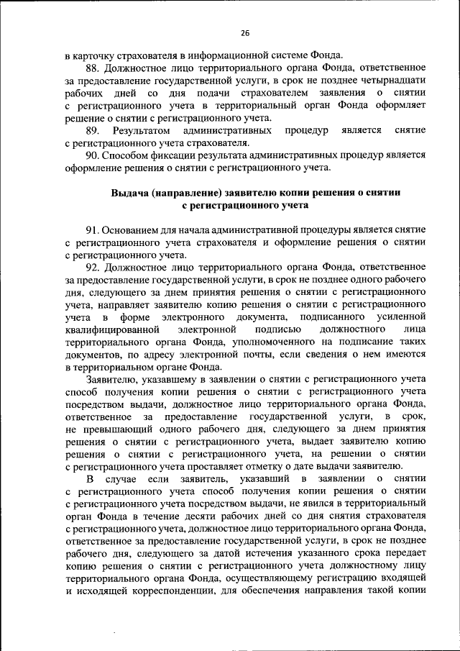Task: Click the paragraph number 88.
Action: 93,68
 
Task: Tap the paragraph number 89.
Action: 92,130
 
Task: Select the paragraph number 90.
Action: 93,155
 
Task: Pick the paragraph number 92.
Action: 93,267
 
